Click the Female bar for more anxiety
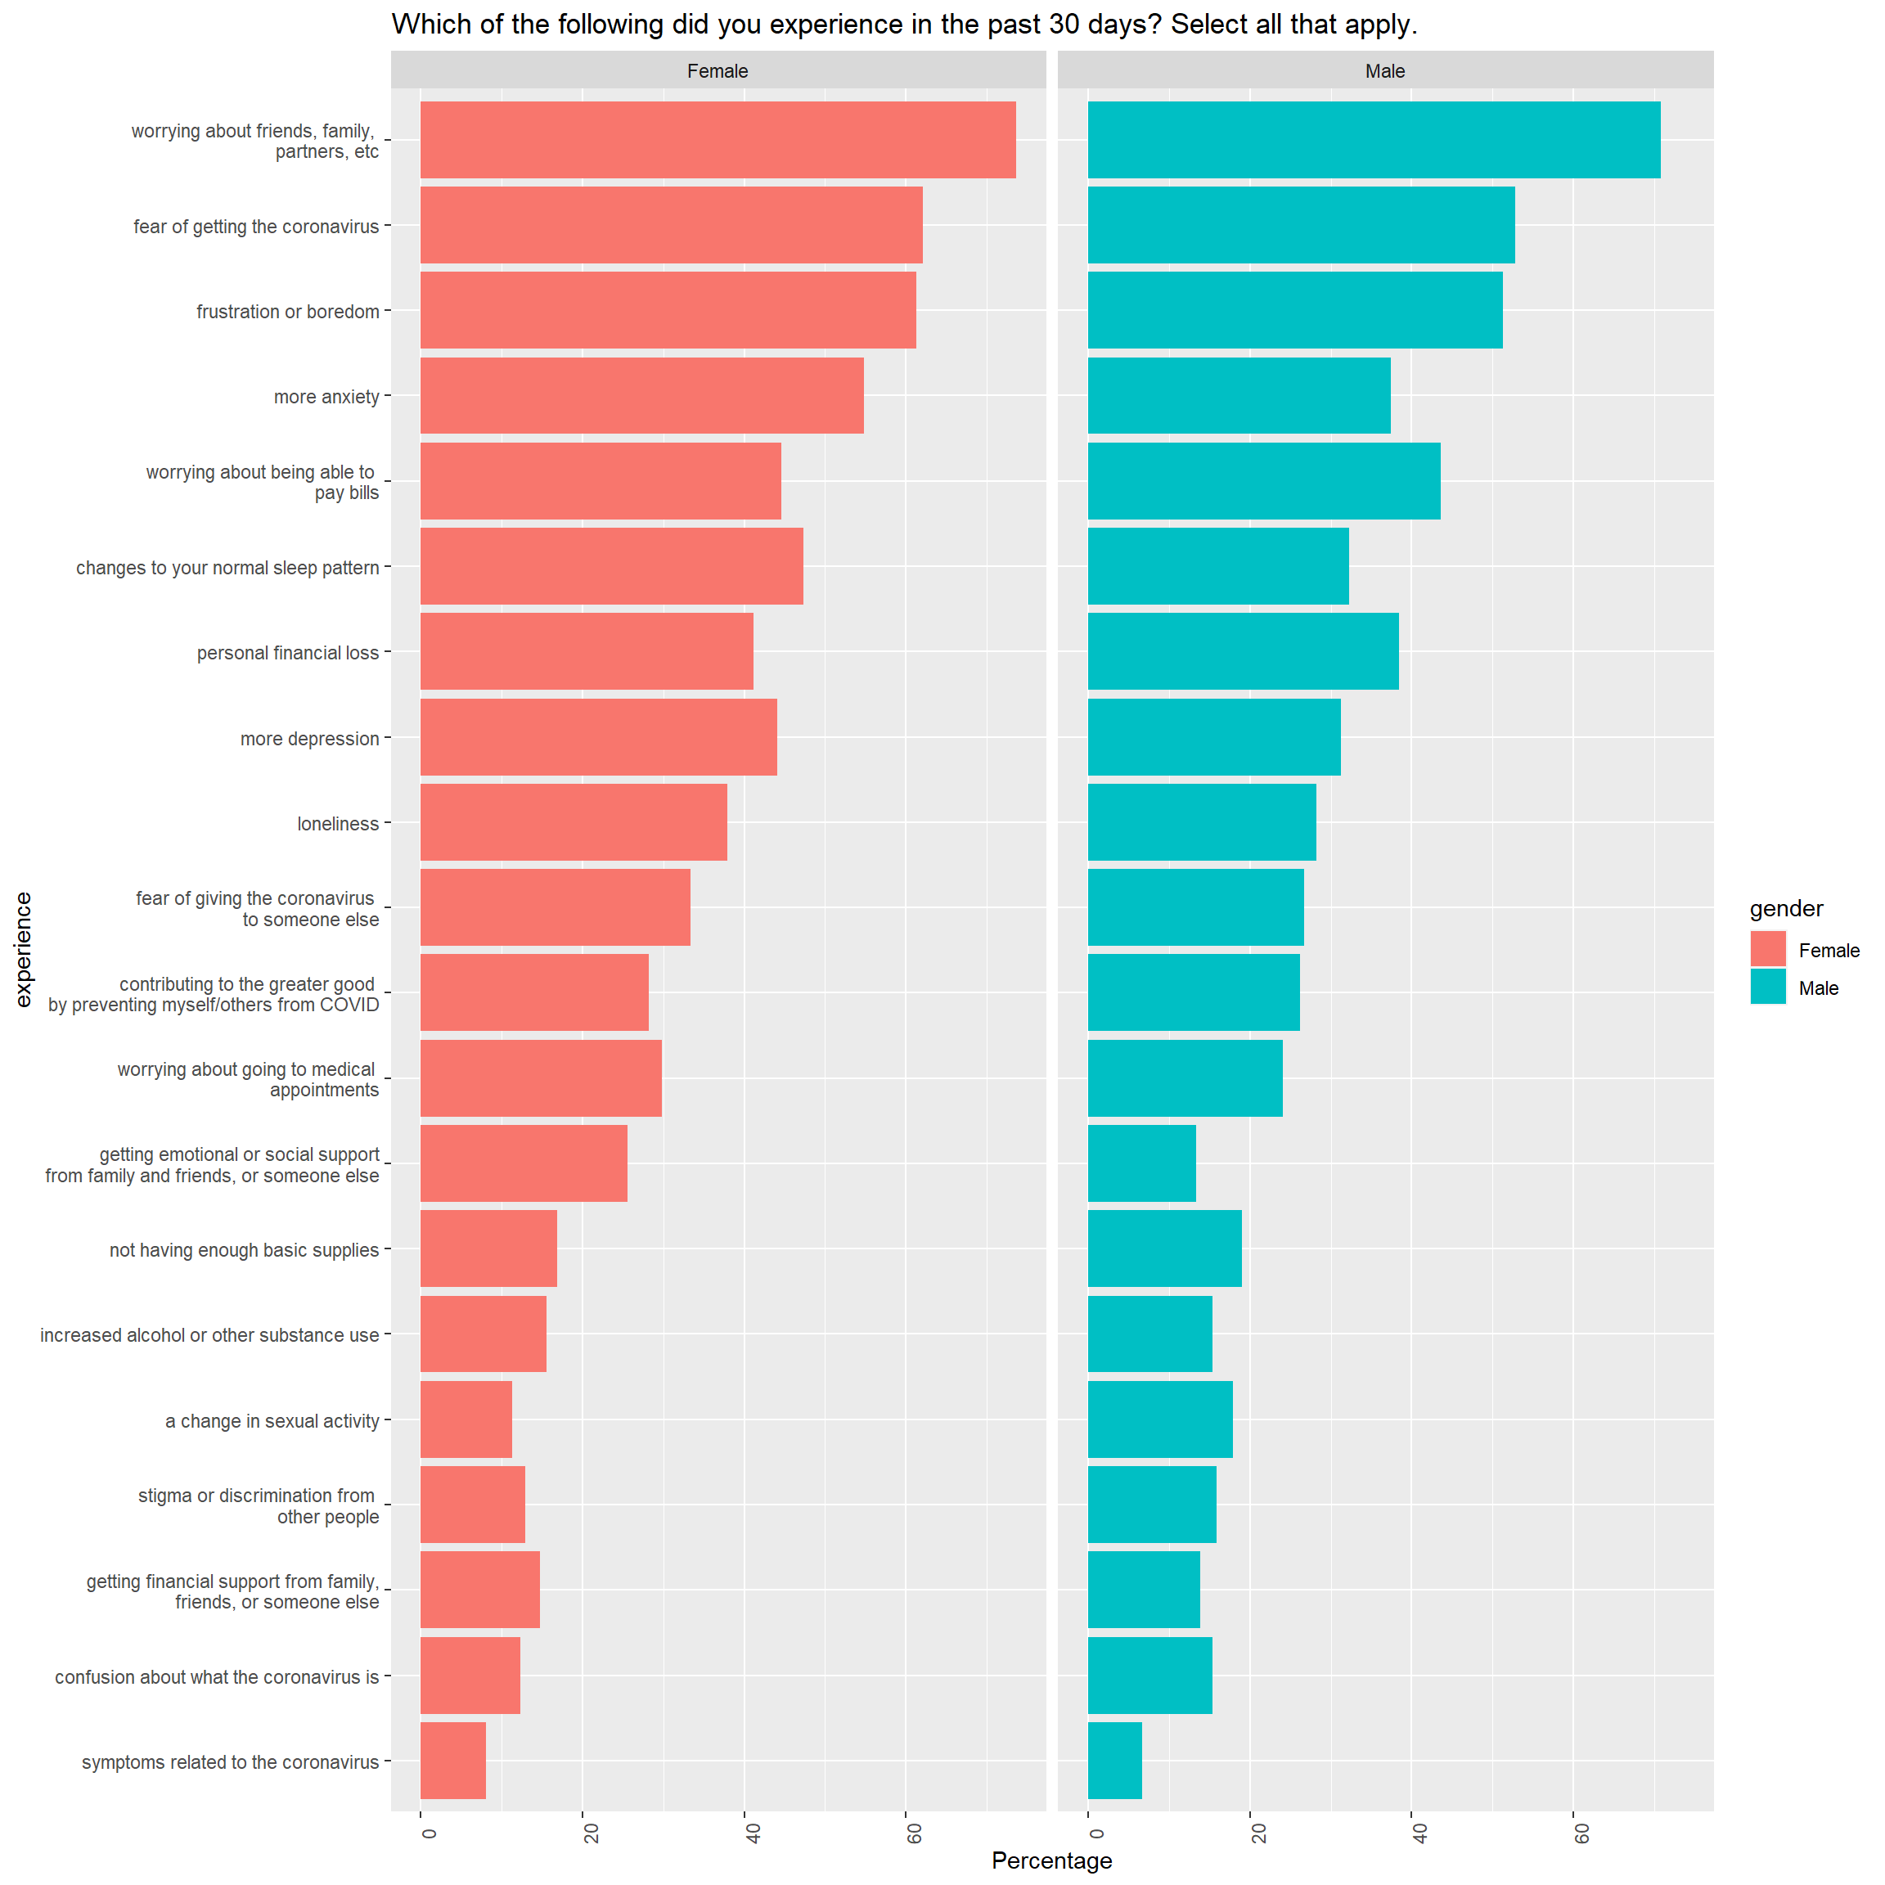point(641,395)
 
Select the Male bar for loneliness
point(1201,821)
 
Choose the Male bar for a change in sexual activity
point(1159,1419)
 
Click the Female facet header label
point(718,71)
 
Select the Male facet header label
point(1384,71)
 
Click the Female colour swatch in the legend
point(1768,949)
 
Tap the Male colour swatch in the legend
point(1768,987)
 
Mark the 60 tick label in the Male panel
point(1581,1833)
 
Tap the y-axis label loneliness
point(338,824)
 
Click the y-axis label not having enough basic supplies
point(244,1250)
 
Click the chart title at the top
point(903,25)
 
